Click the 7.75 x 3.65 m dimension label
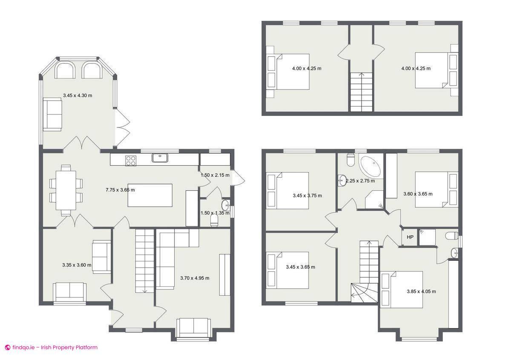pyautogui.click(x=120, y=190)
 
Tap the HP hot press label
pyautogui.click(x=410, y=237)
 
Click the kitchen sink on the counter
pyautogui.click(x=160, y=158)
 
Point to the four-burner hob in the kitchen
pyautogui.click(x=131, y=160)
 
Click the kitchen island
pyautogui.click(x=150, y=195)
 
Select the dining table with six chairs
pyautogui.click(x=66, y=190)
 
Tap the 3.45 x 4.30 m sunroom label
pyautogui.click(x=78, y=95)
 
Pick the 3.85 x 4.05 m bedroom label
pyautogui.click(x=421, y=291)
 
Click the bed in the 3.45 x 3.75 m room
pyautogui.click(x=287, y=190)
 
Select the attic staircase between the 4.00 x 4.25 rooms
pyautogui.click(x=362, y=92)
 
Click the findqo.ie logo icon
pyautogui.click(x=7, y=347)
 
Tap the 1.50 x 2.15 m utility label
pyautogui.click(x=215, y=175)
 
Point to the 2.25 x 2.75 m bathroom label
pyautogui.click(x=360, y=181)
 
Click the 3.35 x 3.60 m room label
pyautogui.click(x=77, y=265)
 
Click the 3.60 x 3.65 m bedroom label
pyautogui.click(x=418, y=194)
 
